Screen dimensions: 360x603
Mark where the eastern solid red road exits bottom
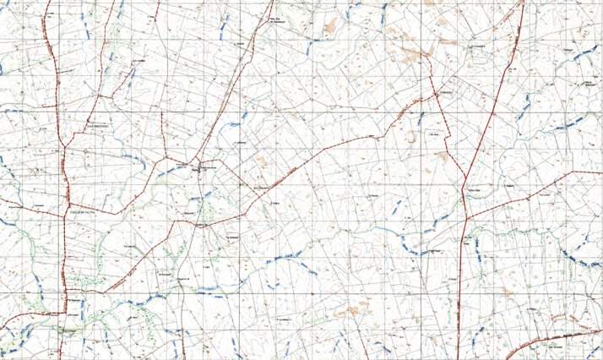tap(458, 358)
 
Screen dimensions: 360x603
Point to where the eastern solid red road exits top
tap(520, 2)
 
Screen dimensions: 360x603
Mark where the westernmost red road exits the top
tap(48, 2)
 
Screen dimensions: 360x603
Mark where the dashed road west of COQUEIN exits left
tap(2, 201)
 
